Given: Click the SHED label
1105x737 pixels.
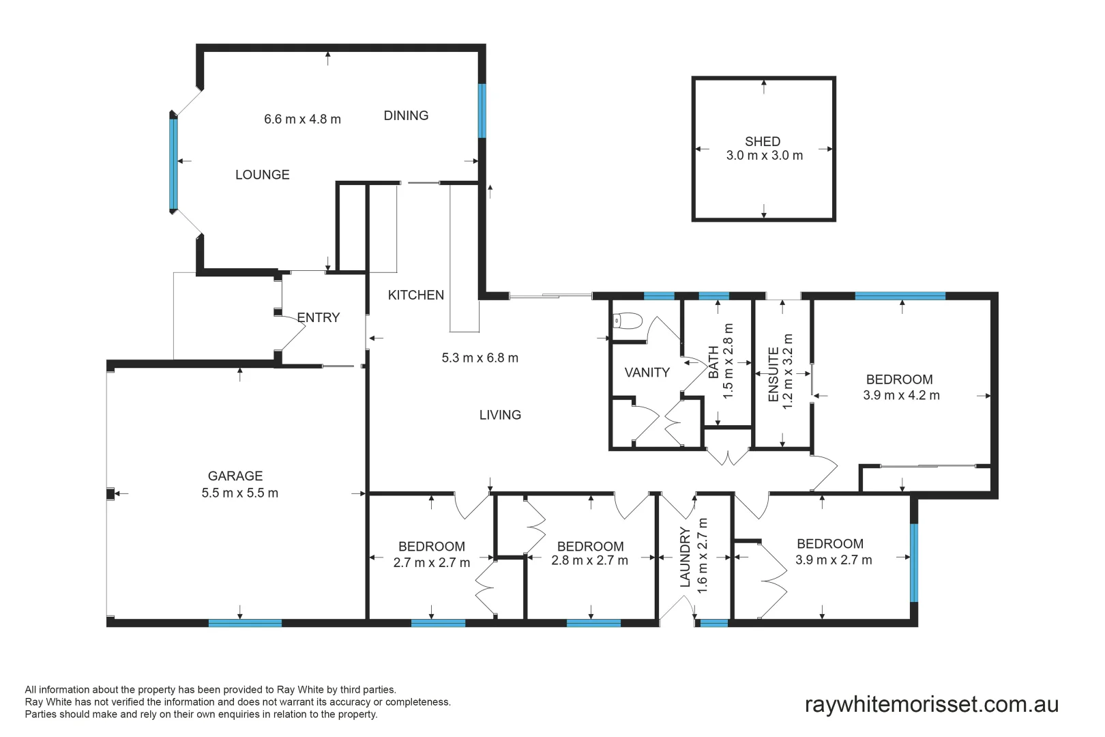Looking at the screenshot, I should [762, 141].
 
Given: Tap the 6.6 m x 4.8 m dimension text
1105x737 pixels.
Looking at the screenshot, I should [302, 119].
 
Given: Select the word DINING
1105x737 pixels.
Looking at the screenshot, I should [406, 116].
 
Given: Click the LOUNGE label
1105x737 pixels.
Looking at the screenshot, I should [262, 175].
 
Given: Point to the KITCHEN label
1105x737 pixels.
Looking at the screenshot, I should [415, 295].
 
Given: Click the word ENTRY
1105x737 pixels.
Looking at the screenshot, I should [318, 317].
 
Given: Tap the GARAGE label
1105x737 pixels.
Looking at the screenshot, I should [235, 476].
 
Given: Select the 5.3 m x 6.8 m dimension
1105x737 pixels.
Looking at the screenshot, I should [480, 358].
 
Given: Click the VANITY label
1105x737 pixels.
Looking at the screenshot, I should [647, 373].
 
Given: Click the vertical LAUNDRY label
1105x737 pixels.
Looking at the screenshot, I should [686, 557].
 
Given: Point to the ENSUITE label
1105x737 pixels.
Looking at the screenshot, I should [773, 374].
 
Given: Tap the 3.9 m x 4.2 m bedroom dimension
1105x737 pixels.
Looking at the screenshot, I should [901, 395].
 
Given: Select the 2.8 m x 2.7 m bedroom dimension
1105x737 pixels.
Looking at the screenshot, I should [589, 560].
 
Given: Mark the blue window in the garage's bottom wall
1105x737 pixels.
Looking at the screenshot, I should [245, 622].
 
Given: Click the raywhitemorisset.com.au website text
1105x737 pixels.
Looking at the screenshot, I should [931, 704].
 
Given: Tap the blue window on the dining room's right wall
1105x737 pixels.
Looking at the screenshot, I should [482, 111].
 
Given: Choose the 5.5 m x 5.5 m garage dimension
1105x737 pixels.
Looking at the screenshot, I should [239, 493].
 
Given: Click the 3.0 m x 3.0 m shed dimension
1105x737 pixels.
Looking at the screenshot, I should [764, 156].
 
